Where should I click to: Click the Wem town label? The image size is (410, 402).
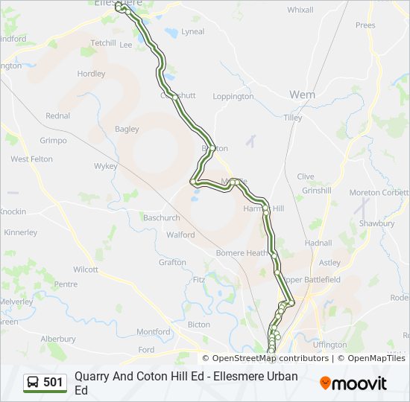pyautogui.click(x=302, y=95)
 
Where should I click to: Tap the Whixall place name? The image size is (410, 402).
pyautogui.click(x=300, y=10)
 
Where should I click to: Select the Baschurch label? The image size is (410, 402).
pyautogui.click(x=161, y=218)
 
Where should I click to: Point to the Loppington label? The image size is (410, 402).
pyautogui.click(x=233, y=97)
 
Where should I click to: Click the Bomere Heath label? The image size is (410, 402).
pyautogui.click(x=242, y=253)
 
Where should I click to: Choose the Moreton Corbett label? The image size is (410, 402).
pyautogui.click(x=379, y=193)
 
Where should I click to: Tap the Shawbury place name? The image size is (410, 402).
pyautogui.click(x=376, y=223)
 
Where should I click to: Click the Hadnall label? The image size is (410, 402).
pyautogui.click(x=318, y=243)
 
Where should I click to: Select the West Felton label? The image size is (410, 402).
pyautogui.click(x=31, y=159)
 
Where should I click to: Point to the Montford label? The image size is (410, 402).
pyautogui.click(x=154, y=332)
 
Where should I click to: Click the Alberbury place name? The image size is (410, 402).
pyautogui.click(x=58, y=339)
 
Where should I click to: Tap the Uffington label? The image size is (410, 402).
pyautogui.click(x=330, y=345)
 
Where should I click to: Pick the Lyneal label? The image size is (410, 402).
pyautogui.click(x=192, y=31)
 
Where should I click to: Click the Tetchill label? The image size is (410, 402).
pyautogui.click(x=103, y=43)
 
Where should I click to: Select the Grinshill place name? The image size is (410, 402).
pyautogui.click(x=317, y=191)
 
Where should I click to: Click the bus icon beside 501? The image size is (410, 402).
pyautogui.click(x=34, y=383)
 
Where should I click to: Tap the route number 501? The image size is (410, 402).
pyautogui.click(x=54, y=383)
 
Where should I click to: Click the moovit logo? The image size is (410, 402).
pyautogui.click(x=353, y=383)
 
